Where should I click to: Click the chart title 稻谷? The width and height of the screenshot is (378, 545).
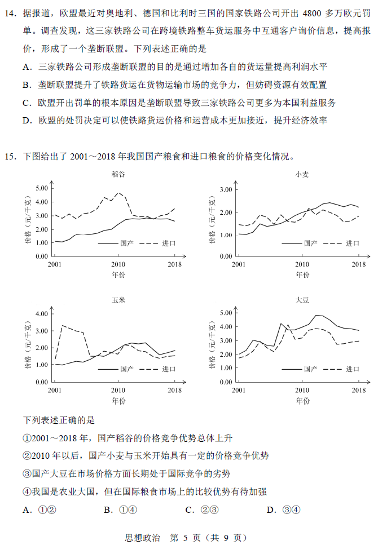coord(118,174)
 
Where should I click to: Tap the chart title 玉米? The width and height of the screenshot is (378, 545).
coord(118,300)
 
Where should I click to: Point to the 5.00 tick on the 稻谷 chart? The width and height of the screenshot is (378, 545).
coord(41,188)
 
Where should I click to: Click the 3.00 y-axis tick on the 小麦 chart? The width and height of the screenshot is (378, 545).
coord(226,189)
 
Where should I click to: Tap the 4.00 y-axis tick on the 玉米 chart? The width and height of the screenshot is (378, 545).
coord(41,314)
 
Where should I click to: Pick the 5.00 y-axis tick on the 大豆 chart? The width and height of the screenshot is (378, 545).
coord(226,313)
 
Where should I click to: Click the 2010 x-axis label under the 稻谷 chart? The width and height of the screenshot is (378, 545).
coord(118,264)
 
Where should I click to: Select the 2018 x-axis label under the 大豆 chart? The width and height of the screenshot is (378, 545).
coord(358,389)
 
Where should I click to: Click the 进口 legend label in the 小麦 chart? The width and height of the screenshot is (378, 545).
coord(353,243)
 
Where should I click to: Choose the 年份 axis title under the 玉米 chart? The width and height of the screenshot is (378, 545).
coord(118,401)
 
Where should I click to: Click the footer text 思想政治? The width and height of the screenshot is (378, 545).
coord(142,537)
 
